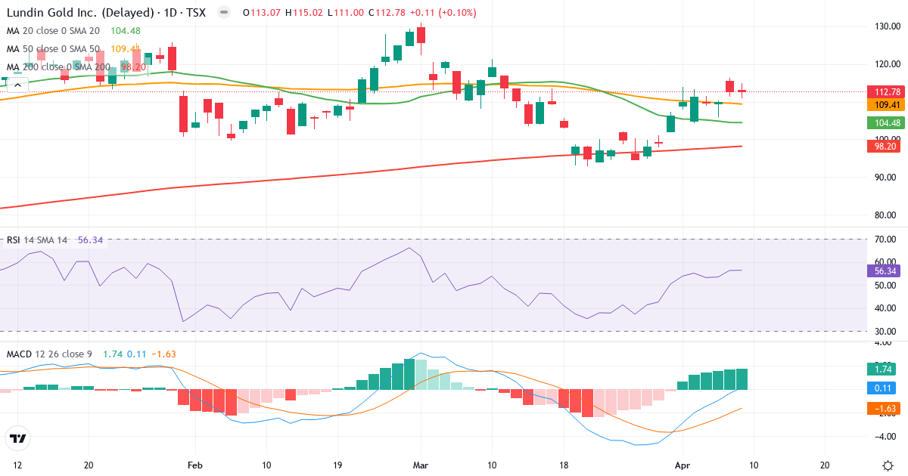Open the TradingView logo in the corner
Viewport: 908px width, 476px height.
point(18,437)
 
